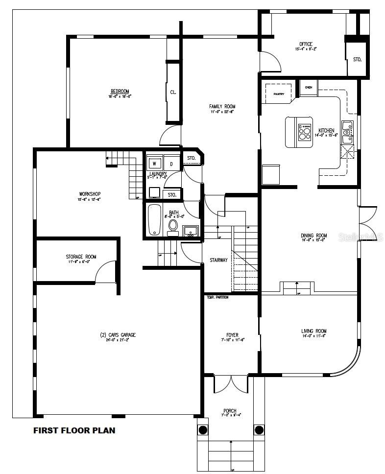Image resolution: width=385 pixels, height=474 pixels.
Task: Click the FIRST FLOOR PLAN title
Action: [74, 431]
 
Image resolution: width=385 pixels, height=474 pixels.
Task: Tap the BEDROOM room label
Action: [120, 92]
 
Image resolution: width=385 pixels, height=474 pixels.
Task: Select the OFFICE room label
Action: [306, 44]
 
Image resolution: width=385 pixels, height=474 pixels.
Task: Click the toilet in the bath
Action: [173, 226]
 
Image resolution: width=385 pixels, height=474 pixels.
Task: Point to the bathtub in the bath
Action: [155, 219]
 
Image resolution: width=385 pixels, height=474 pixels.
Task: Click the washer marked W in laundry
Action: [154, 163]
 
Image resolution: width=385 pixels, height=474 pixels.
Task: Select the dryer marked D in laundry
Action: [171, 163]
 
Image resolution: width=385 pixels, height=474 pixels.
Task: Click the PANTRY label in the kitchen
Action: [279, 94]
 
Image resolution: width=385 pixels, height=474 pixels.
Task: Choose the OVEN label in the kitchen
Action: [308, 87]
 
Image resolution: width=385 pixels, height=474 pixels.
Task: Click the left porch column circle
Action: [203, 430]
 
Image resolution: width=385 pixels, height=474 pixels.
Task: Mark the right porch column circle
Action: [259, 430]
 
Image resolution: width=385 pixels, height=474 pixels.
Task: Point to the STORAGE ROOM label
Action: [81, 257]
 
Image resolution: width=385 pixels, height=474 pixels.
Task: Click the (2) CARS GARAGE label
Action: [118, 335]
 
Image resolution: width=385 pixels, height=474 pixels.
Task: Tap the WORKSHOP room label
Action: [90, 193]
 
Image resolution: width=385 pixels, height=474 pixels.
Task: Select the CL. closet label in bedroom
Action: [173, 92]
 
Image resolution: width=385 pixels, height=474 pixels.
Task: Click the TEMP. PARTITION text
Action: [217, 297]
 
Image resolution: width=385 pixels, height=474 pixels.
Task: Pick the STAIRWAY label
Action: [218, 260]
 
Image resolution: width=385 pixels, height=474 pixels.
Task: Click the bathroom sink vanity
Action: [191, 231]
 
